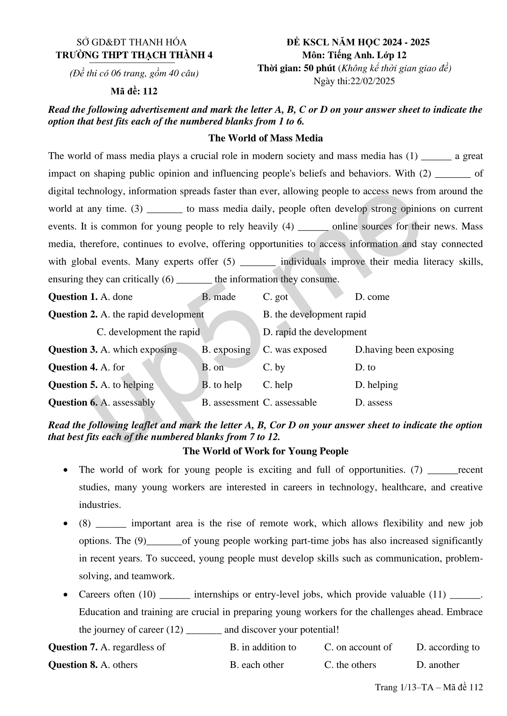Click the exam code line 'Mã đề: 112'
click(x=134, y=91)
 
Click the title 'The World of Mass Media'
click(x=265, y=138)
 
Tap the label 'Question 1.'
click(x=73, y=297)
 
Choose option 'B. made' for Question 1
click(x=219, y=297)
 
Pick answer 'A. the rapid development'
click(x=152, y=314)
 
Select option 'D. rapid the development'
click(x=314, y=332)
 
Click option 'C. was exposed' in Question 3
click(x=294, y=350)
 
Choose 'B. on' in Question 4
click(x=213, y=367)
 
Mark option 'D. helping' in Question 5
click(x=376, y=385)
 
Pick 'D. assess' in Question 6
click(x=373, y=402)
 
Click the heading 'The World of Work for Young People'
click(x=265, y=451)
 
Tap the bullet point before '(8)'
click(x=65, y=523)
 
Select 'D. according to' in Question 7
click(x=448, y=648)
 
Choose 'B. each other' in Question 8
click(x=256, y=665)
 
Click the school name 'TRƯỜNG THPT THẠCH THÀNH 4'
click(x=134, y=55)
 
